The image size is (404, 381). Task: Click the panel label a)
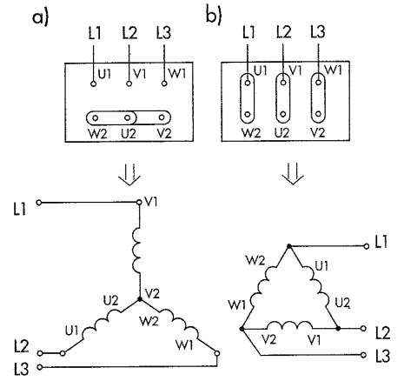(40, 18)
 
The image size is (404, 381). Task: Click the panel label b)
(214, 15)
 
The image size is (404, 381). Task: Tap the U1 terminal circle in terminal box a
(93, 84)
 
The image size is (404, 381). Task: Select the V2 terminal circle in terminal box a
(162, 117)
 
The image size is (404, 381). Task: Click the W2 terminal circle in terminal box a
(96, 118)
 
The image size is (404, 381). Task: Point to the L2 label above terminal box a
(129, 33)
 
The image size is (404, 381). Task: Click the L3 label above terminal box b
(318, 31)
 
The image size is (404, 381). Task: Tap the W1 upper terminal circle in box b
(319, 82)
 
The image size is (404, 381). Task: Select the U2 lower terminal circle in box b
(283, 115)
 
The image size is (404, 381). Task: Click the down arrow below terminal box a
(129, 175)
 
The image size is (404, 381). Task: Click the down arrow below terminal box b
(293, 174)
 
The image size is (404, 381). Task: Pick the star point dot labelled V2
(140, 299)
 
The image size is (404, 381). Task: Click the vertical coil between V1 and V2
(136, 251)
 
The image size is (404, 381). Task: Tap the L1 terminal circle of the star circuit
(39, 203)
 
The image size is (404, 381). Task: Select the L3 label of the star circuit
(21, 369)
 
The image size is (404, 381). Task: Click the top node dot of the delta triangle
(288, 246)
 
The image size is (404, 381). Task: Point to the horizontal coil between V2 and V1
(289, 324)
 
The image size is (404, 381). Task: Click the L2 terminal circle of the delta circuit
(364, 329)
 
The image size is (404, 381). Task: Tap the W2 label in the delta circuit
(255, 260)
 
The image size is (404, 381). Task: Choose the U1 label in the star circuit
(72, 331)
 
